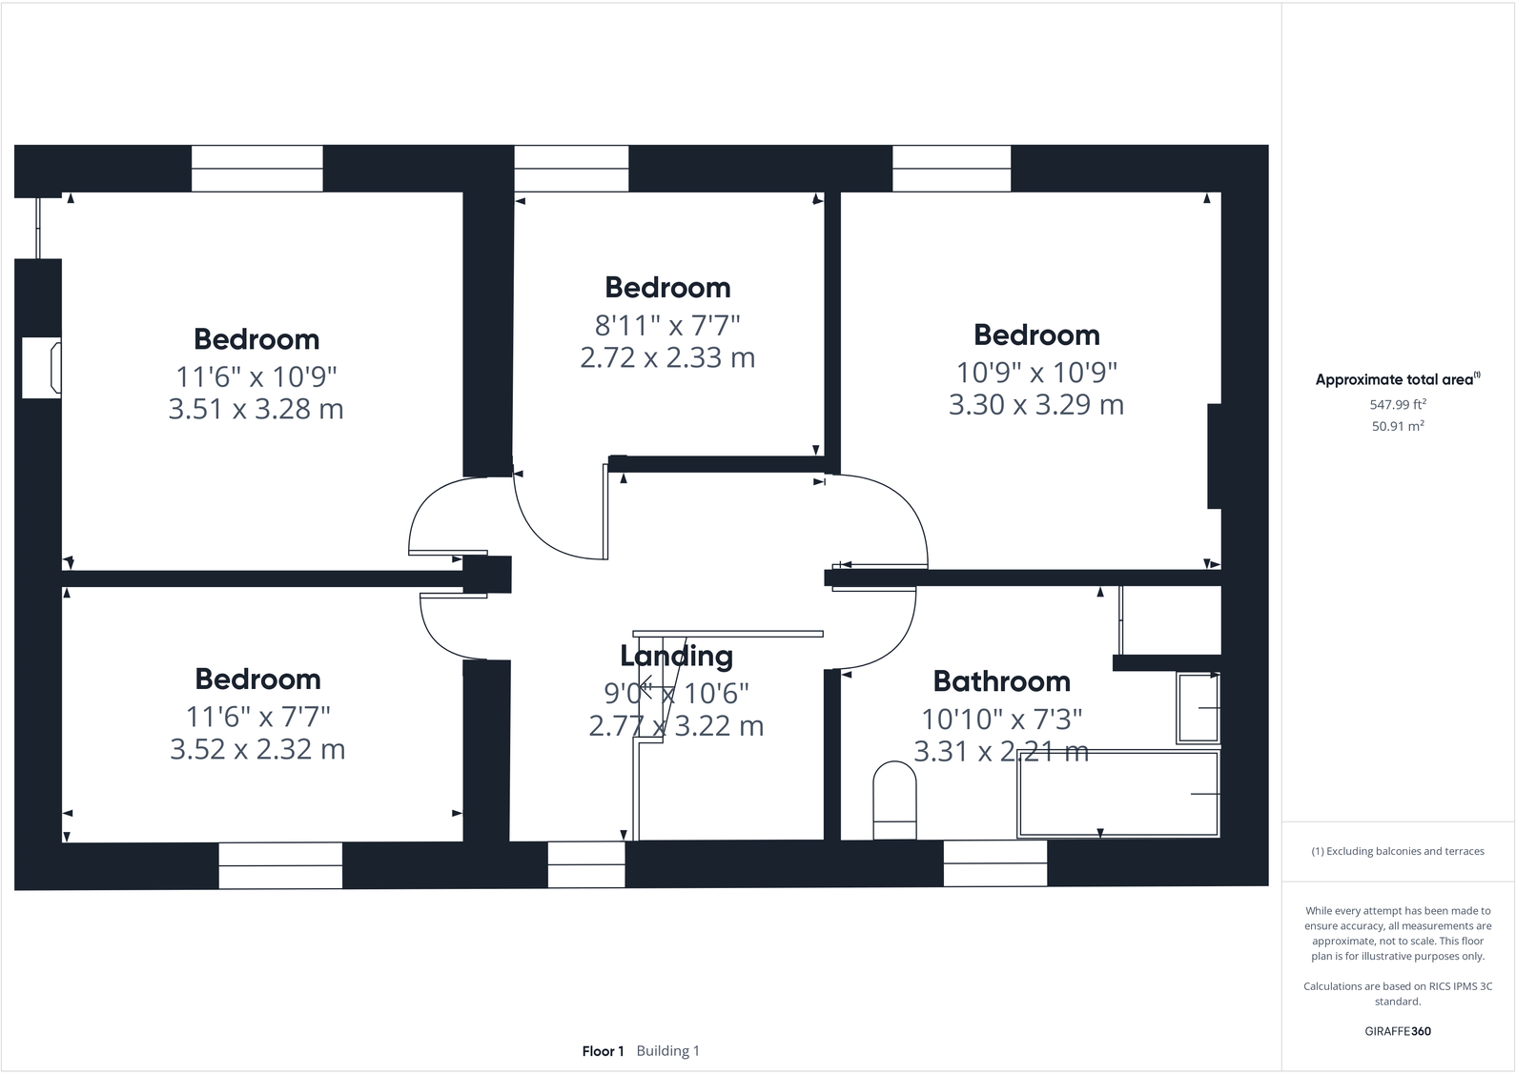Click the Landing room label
pos(676,656)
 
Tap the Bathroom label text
pos(1001,681)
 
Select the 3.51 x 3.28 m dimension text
pos(256,409)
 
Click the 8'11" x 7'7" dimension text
pos(667,325)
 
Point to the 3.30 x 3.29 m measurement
pos(1035,404)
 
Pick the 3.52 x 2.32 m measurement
pos(257,749)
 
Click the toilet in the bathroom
pos(894,799)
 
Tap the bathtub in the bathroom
pos(1117,794)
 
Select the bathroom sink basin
pos(1198,708)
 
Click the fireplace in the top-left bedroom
pos(43,367)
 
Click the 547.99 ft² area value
pos(1397,404)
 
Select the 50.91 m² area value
pos(1397,426)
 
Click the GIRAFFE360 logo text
pos(1397,1031)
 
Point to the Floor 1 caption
pos(603,1051)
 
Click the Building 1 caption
pos(667,1051)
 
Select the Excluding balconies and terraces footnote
pos(1397,851)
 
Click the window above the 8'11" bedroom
pos(571,169)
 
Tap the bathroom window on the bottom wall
pos(994,863)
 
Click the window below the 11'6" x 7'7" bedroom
pos(280,865)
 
